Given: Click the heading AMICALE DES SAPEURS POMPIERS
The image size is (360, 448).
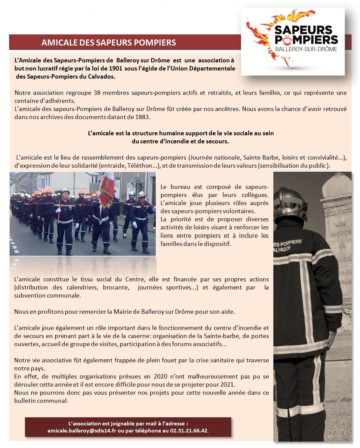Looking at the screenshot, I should point(109,43).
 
